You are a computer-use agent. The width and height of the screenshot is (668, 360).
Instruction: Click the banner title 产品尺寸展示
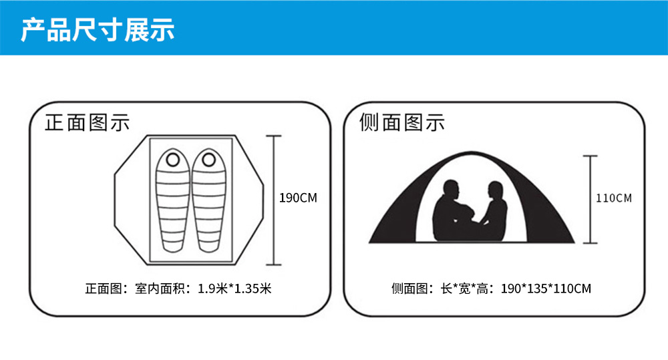coord(98,29)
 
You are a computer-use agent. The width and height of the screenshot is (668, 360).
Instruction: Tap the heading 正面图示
coord(88,123)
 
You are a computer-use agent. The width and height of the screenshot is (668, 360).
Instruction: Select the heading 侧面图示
coord(402,123)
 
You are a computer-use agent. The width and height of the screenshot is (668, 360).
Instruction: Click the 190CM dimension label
coord(298,198)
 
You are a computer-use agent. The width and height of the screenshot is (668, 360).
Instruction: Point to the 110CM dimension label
coord(614,198)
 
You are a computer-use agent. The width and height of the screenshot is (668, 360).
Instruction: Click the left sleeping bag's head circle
coord(173,160)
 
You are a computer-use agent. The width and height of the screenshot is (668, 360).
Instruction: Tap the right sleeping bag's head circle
coord(208,160)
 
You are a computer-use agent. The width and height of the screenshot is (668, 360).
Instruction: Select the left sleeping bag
coord(172,200)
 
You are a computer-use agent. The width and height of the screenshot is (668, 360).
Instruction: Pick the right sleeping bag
coord(208,200)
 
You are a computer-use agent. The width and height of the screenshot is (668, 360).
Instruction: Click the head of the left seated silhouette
coord(451,190)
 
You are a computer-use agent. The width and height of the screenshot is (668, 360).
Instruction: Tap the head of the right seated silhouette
coord(496,191)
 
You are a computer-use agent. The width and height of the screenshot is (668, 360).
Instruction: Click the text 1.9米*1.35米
coord(234,289)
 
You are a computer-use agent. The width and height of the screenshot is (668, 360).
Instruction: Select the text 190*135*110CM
coord(546,289)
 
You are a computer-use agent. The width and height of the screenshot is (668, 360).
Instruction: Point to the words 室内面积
coord(160,289)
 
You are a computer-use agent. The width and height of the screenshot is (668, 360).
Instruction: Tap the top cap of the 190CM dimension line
coord(273,136)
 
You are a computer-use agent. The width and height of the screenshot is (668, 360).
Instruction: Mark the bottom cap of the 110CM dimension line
coord(590,243)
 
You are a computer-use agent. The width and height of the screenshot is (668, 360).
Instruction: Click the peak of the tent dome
coord(471,152)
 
